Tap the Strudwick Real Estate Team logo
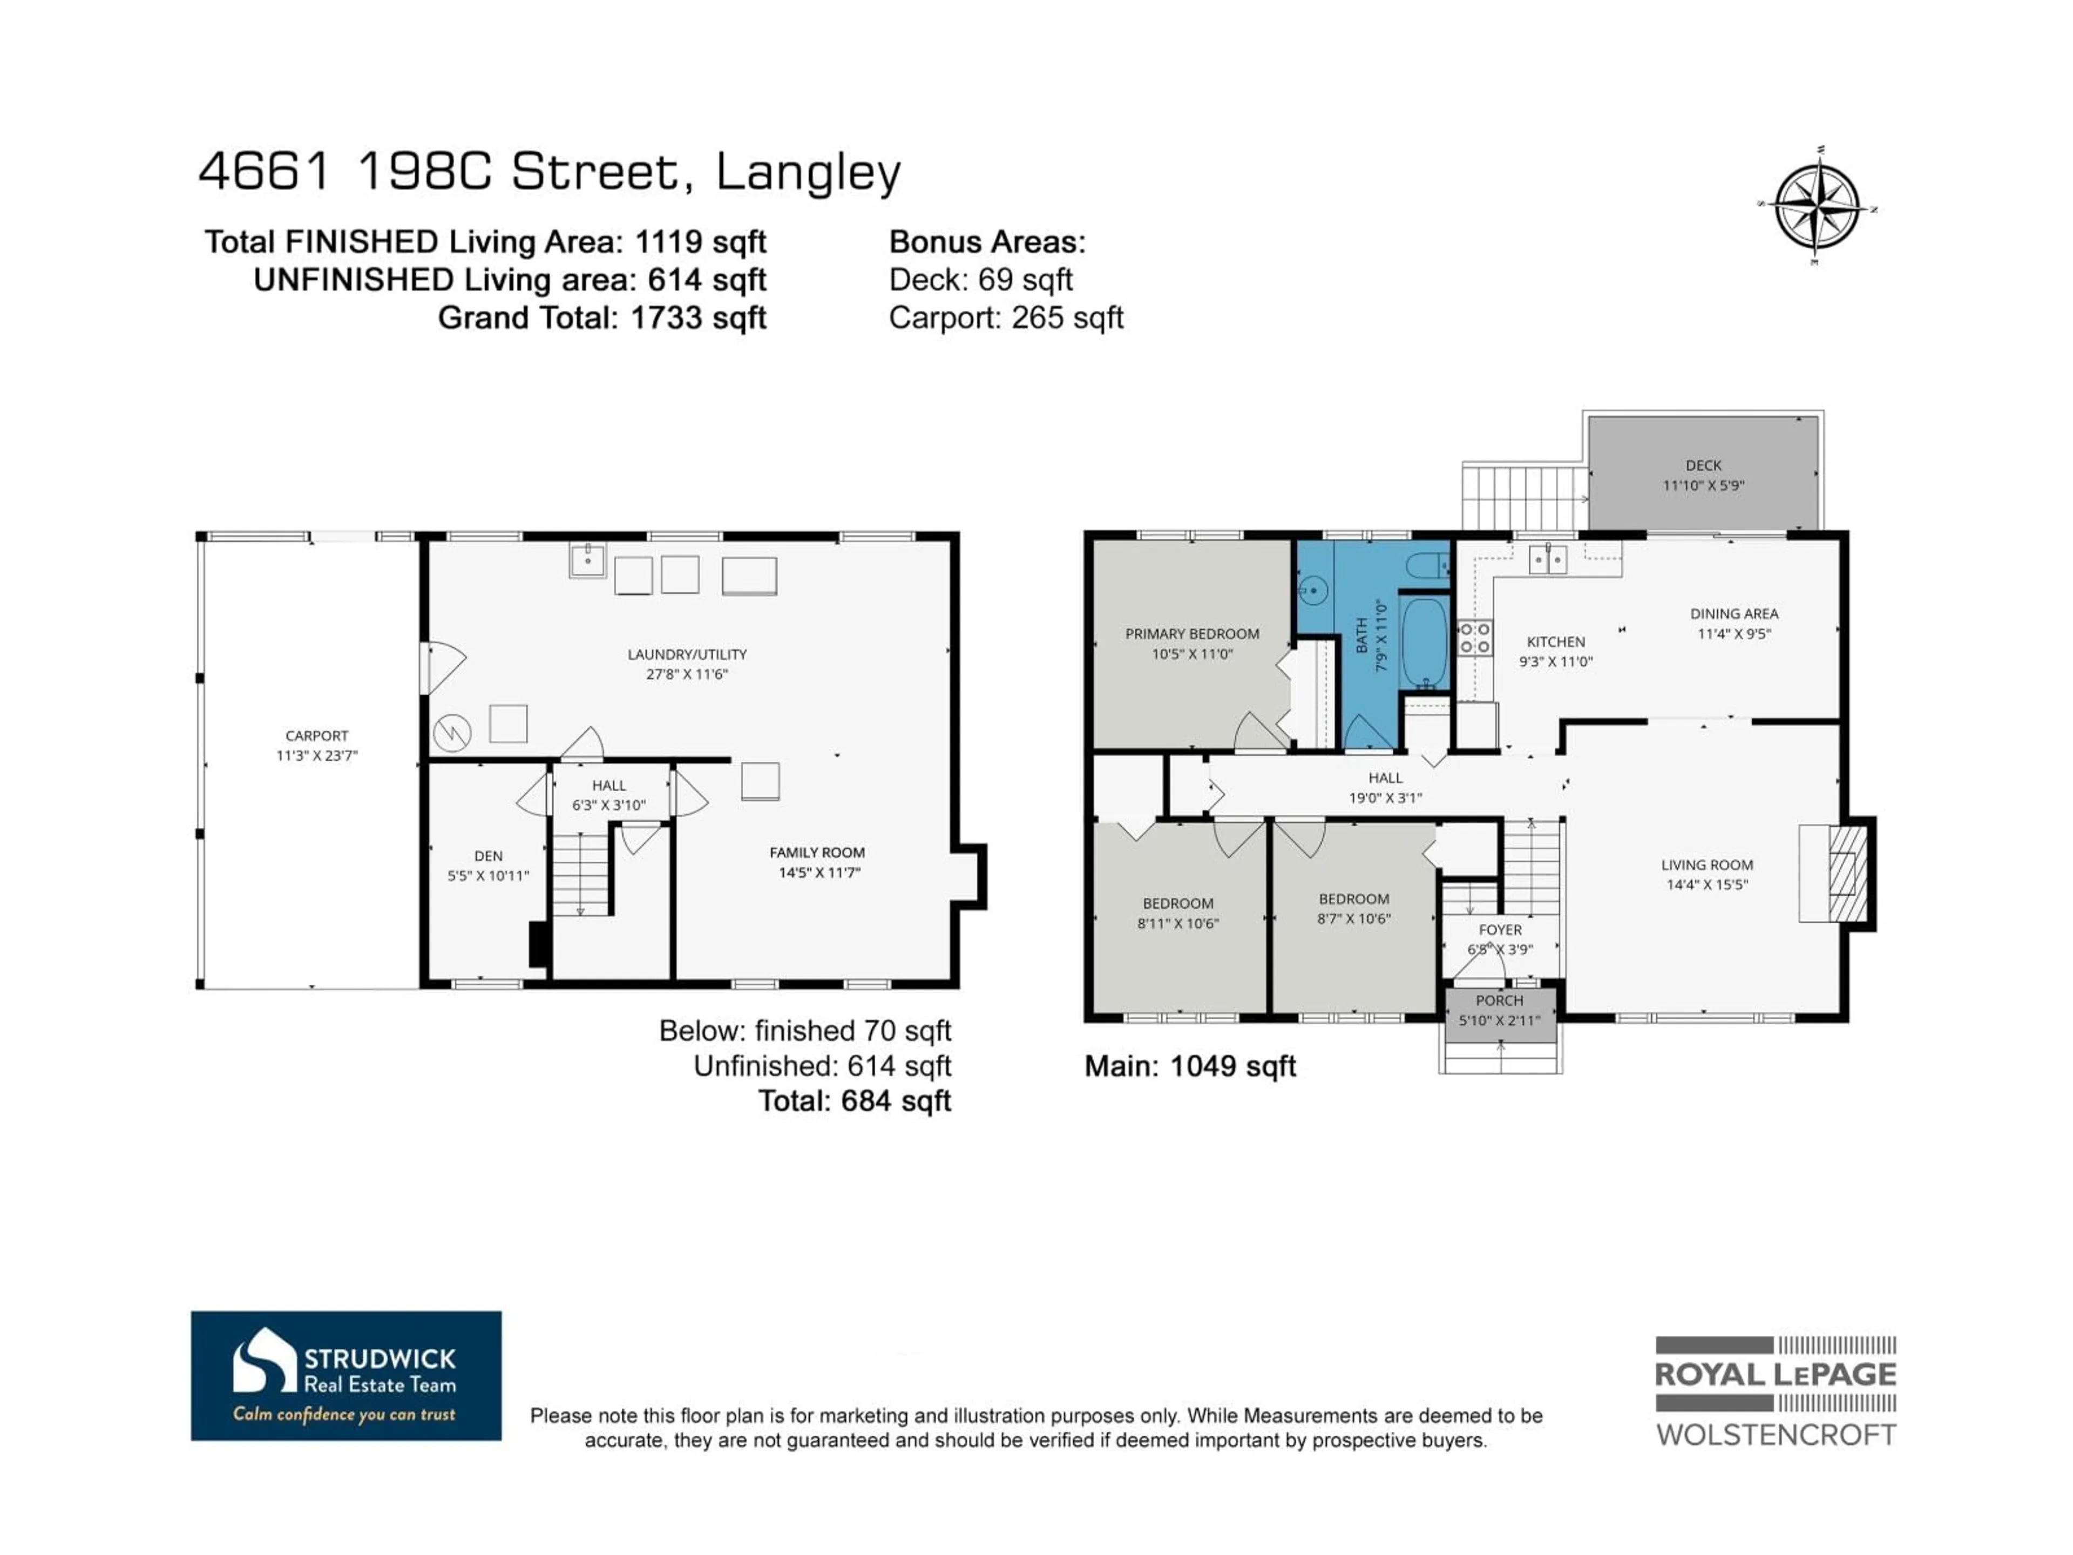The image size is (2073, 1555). [346, 1375]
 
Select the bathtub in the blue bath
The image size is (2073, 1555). [1425, 643]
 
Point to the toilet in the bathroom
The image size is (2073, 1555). [1429, 564]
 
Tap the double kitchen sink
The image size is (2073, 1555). [1547, 559]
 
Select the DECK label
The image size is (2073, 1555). [1703, 465]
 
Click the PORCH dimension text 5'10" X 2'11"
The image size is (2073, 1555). [1500, 1020]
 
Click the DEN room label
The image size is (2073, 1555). [488, 856]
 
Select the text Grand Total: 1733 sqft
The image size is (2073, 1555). [602, 317]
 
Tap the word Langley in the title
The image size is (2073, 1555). [808, 172]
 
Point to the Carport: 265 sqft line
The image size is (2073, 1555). [1006, 317]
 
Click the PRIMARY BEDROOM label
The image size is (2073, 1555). [1192, 634]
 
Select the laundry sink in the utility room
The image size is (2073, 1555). [587, 560]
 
